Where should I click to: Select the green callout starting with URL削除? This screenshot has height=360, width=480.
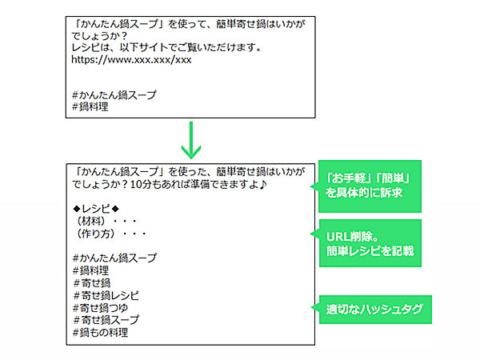[x=370, y=243]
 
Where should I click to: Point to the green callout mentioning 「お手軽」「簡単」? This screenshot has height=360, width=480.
[x=370, y=186]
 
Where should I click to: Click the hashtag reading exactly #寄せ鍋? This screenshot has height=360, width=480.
[x=92, y=283]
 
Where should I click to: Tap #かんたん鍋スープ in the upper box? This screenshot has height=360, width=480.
[x=114, y=94]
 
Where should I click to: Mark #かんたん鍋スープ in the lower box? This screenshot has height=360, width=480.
[x=114, y=258]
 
